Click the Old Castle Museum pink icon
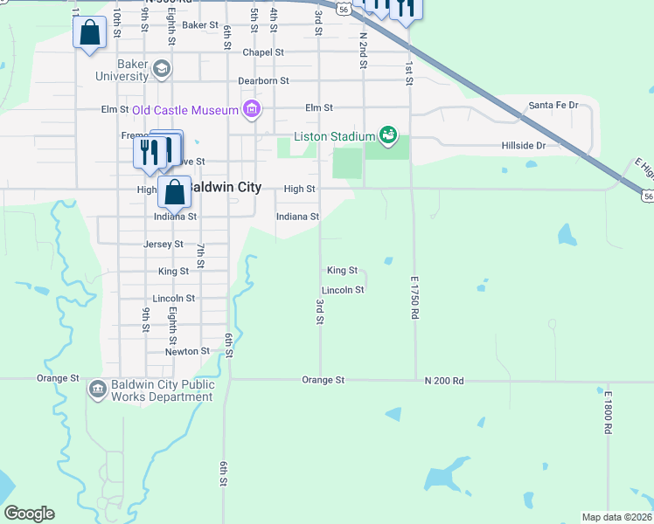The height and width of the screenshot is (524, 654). (252, 109)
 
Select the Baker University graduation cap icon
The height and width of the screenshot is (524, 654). (162, 68)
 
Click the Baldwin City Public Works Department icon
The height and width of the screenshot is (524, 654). (97, 388)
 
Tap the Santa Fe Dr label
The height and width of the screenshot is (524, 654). (553, 106)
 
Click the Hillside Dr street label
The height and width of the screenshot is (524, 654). (524, 146)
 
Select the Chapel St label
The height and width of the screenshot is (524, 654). (263, 52)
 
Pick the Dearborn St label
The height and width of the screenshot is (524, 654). (263, 80)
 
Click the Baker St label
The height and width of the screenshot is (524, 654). (200, 25)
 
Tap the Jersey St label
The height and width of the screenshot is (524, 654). (163, 245)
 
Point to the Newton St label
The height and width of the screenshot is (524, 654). (187, 351)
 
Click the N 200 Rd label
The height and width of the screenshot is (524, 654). (443, 380)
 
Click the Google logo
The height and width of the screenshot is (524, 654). (29, 513)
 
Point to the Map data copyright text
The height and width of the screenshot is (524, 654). (616, 517)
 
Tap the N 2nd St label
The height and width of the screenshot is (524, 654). (362, 51)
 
